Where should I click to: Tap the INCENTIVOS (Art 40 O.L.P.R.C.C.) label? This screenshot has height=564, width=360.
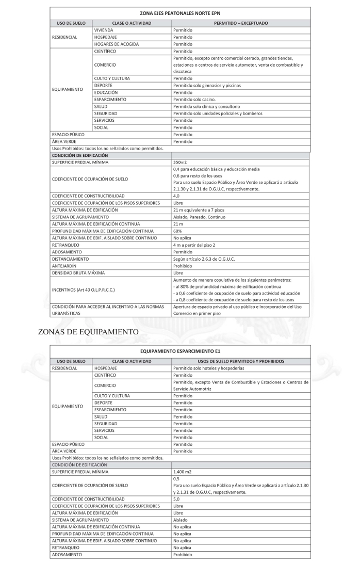click(84, 290)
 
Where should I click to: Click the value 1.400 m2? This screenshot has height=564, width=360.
click(183, 471)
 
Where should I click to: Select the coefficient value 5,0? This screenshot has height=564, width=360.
click(177, 499)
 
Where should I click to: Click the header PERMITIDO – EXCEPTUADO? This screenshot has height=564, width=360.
click(241, 23)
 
